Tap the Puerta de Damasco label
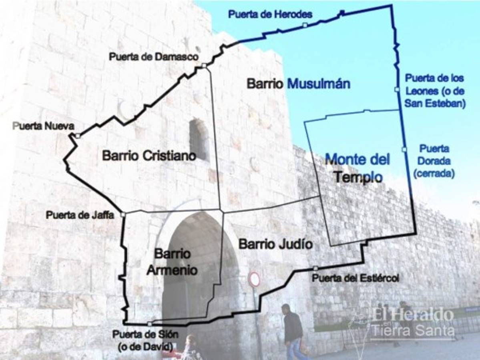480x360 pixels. point(154,57)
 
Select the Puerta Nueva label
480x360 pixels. point(43,126)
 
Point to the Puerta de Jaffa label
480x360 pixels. point(80,215)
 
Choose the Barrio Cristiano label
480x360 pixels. point(149,156)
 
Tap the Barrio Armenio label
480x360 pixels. point(172,262)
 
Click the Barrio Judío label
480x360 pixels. point(275,244)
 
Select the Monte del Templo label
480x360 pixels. point(357,168)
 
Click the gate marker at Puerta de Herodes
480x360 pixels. point(305,25)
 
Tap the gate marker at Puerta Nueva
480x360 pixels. point(78,136)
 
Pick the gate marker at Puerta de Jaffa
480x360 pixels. point(123,215)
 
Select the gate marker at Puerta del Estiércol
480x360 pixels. point(315,268)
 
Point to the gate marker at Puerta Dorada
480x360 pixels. point(404,149)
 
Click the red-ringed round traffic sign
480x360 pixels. point(254,279)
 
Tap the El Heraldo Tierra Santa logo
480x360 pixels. point(412,322)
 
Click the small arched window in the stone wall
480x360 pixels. point(199,140)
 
